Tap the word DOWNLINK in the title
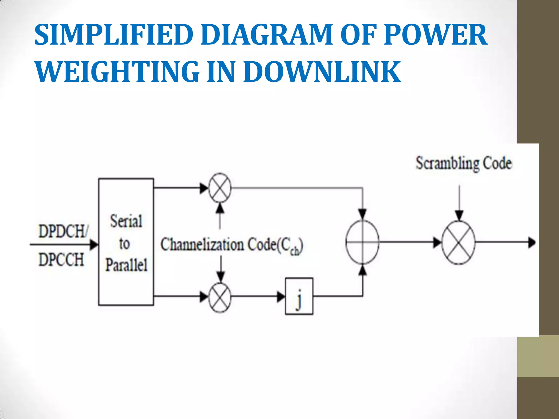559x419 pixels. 322,72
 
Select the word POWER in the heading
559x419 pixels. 435,35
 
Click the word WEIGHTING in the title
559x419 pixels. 117,72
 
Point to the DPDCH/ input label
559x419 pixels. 63,231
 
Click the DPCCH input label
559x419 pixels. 61,259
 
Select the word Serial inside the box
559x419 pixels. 126,221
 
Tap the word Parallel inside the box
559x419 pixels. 126,265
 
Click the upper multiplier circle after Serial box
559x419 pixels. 220,188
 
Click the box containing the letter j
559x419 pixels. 299,296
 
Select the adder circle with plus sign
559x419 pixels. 362,242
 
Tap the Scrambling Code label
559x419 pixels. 463,163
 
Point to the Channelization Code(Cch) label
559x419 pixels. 231,245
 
